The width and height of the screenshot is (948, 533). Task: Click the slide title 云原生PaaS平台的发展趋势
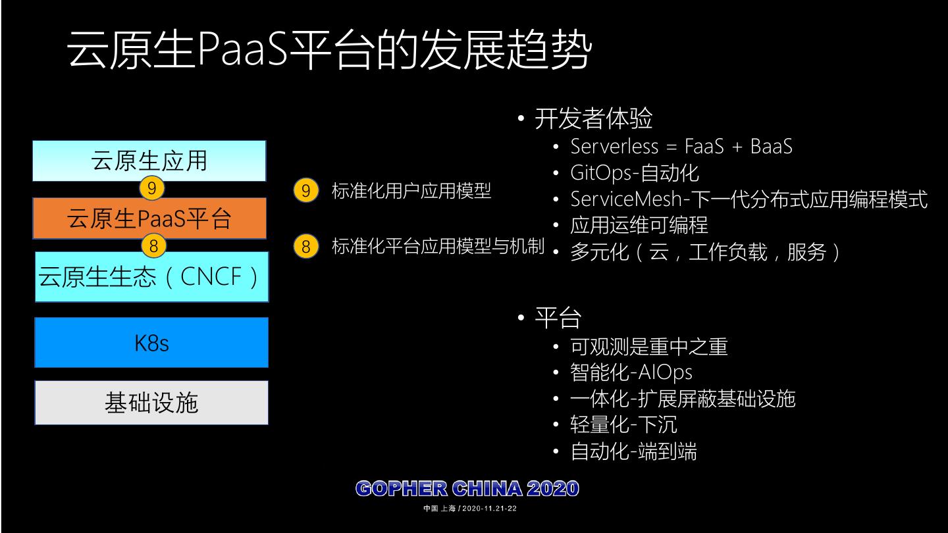point(329,49)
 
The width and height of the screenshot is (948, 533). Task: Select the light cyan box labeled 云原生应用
point(149,161)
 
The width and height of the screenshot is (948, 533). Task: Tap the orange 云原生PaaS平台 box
point(149,218)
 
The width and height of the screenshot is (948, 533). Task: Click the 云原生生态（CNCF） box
point(151,276)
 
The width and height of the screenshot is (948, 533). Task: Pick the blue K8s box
point(151,342)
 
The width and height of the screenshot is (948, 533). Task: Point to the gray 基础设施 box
point(151,402)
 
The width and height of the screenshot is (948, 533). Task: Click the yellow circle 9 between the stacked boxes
point(151,189)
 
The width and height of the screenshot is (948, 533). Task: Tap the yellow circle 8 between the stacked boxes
point(153,246)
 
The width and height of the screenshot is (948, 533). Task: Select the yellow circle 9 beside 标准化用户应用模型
point(305,191)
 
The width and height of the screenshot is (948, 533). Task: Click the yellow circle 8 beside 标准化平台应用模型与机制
point(305,247)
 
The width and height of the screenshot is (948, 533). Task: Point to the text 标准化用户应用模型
point(411,191)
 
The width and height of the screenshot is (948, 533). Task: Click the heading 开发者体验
point(592,119)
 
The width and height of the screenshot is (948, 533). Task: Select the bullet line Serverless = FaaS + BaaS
point(681,146)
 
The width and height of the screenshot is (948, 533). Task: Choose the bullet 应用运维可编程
point(639,226)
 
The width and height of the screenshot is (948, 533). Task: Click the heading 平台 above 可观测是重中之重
point(557,318)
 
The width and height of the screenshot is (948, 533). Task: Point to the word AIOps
point(665,372)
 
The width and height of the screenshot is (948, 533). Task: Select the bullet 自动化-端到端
point(633,452)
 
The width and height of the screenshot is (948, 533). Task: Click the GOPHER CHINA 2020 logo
point(467,489)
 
